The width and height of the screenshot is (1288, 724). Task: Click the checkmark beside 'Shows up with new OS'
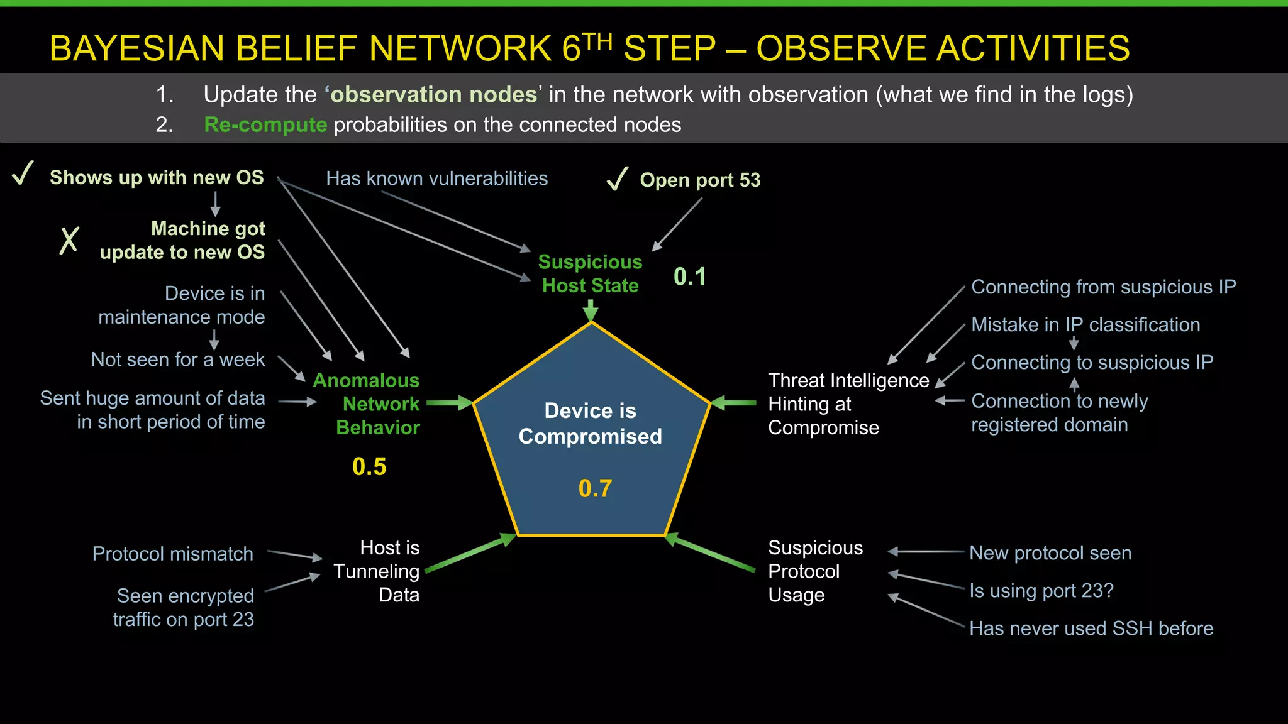point(23,173)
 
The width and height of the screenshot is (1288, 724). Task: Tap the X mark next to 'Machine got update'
point(69,240)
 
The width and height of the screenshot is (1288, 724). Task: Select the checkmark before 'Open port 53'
point(618,178)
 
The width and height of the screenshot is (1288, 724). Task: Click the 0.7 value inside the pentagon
point(595,488)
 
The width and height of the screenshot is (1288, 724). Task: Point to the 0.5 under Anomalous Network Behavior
point(369,466)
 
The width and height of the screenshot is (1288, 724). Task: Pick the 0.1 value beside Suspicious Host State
point(690,277)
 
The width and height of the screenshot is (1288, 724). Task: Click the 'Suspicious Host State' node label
point(590,273)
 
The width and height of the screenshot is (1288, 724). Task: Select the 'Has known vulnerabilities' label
point(436,178)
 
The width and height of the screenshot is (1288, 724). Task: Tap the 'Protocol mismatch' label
point(172,554)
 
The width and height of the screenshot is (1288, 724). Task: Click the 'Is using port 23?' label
point(1041,591)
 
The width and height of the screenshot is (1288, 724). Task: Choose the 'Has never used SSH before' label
point(1091,628)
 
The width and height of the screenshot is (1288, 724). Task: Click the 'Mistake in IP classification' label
point(1085,325)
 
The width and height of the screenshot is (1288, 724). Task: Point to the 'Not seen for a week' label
point(178,359)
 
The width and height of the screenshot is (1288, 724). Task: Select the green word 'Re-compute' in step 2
point(265,124)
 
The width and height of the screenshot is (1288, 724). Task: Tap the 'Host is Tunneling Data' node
point(377,571)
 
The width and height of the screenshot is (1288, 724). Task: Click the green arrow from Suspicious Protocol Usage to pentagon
point(711,552)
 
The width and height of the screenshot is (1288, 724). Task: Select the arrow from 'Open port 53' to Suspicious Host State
point(677,224)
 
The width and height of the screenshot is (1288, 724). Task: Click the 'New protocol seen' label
point(1050,553)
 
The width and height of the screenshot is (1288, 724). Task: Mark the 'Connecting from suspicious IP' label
point(1103,287)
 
